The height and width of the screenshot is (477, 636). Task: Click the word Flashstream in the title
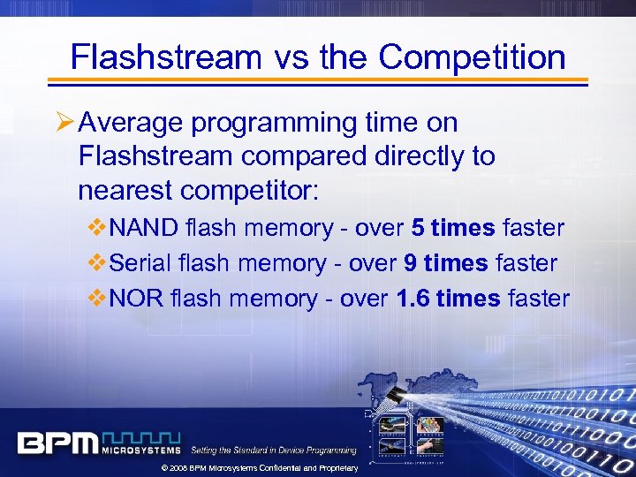[x=165, y=57]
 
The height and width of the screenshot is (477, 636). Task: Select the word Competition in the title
[x=472, y=58]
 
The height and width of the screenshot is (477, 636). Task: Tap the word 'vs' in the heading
[x=287, y=58]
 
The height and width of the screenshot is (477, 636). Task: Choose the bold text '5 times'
[x=452, y=228]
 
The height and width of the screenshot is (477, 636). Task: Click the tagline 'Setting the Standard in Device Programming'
[x=274, y=450]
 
